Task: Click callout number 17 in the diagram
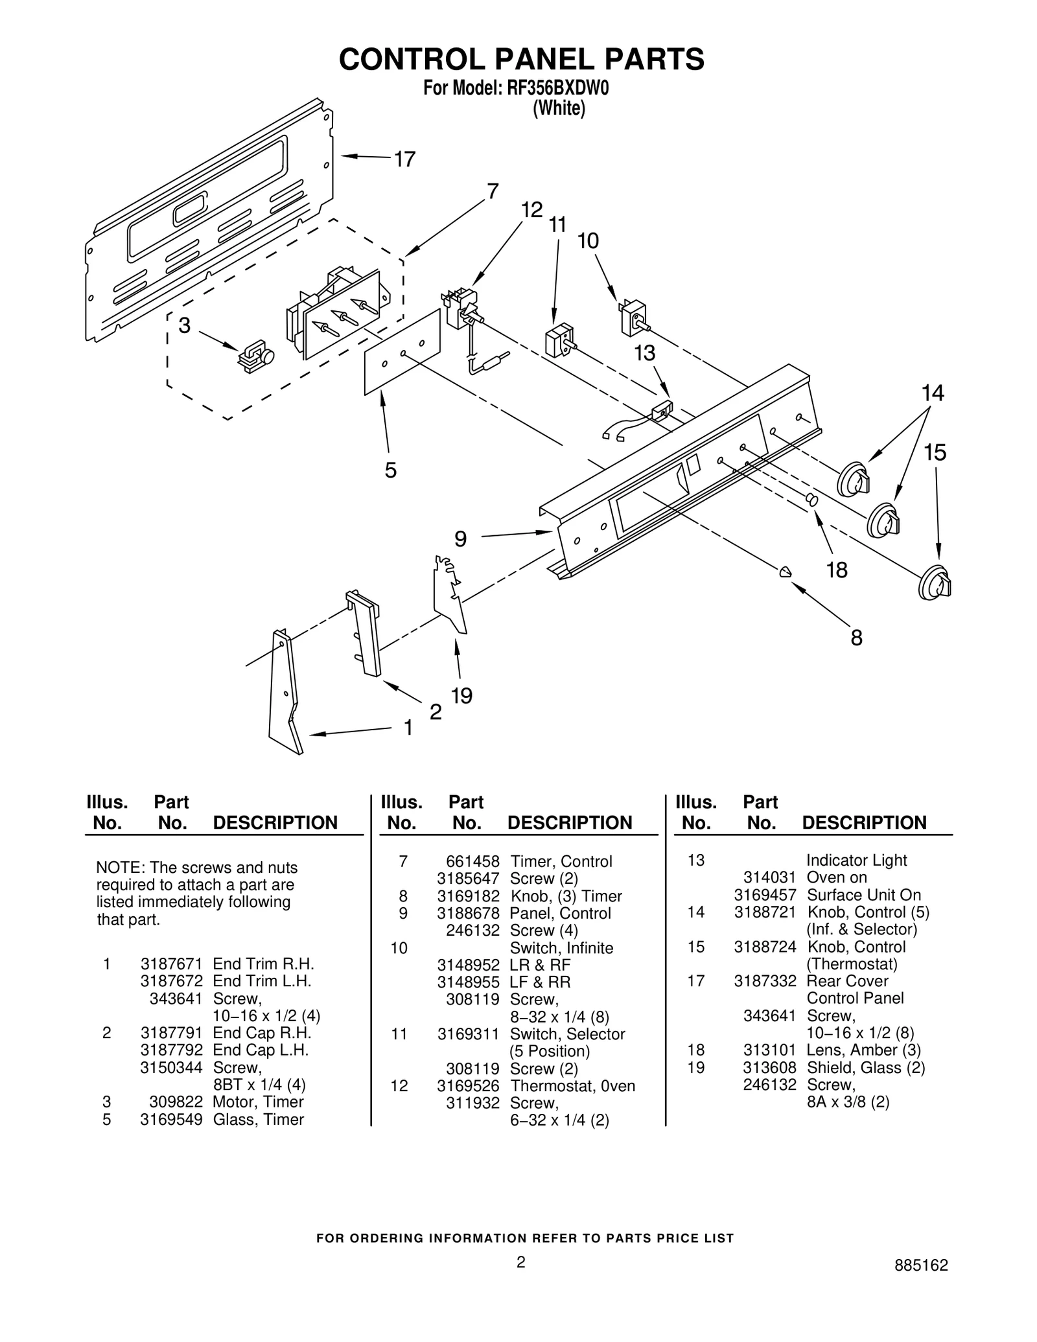pos(405,159)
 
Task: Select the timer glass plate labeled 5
pos(402,352)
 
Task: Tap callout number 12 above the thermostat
pos(531,210)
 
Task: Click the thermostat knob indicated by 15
pos(934,583)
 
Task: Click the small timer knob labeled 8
pos(785,571)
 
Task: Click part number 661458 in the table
pos(472,861)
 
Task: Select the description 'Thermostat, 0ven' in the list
pos(572,1085)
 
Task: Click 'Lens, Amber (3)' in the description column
pos(863,1050)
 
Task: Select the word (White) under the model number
pos(559,108)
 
